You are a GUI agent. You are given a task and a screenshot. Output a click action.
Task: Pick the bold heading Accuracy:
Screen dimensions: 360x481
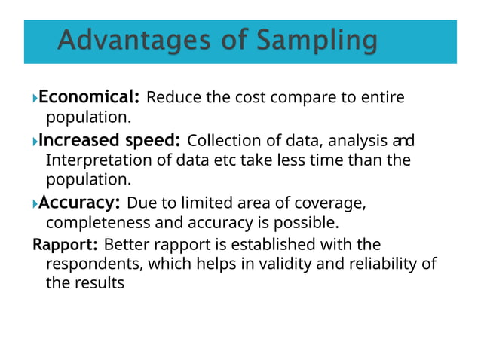coord(79,203)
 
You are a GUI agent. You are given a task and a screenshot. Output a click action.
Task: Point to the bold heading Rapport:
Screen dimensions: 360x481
coord(65,245)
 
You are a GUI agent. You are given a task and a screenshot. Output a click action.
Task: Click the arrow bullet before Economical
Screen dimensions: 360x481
coord(35,98)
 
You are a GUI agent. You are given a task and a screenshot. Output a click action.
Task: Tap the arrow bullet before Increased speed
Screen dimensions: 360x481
coord(35,142)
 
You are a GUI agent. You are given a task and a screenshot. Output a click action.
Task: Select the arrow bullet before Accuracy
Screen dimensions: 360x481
coord(35,203)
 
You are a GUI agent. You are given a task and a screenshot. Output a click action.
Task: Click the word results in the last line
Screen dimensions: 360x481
coord(98,285)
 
